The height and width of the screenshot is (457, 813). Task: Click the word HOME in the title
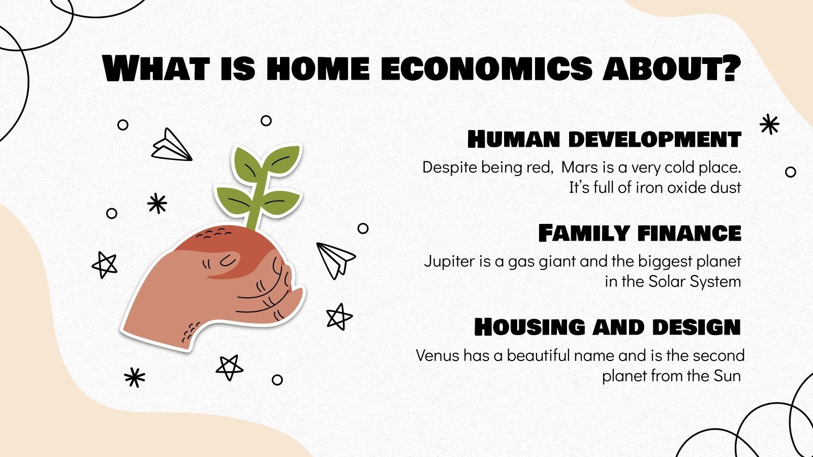[x=318, y=69]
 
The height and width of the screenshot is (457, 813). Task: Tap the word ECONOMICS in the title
[x=486, y=69]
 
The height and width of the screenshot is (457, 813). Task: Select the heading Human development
[x=604, y=139]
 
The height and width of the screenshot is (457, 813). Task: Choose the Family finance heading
[x=640, y=234]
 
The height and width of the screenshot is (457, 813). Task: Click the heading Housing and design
[x=607, y=328]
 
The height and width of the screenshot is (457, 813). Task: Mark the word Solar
[x=667, y=281]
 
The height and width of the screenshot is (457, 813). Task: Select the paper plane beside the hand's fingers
[x=334, y=259]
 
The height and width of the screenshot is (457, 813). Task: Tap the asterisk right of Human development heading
[x=769, y=124]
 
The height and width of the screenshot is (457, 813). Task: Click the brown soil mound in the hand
[x=224, y=241]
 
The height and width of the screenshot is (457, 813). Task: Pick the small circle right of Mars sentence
[x=790, y=172]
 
